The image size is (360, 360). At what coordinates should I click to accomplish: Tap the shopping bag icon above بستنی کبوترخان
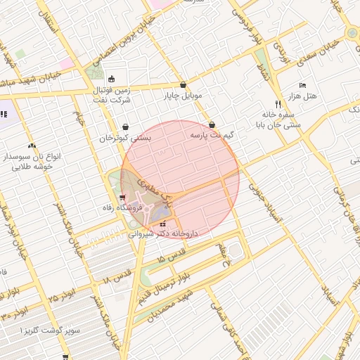[125, 127]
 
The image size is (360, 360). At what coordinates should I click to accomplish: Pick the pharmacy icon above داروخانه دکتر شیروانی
[164, 224]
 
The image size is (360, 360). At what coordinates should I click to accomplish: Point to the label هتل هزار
[303, 95]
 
